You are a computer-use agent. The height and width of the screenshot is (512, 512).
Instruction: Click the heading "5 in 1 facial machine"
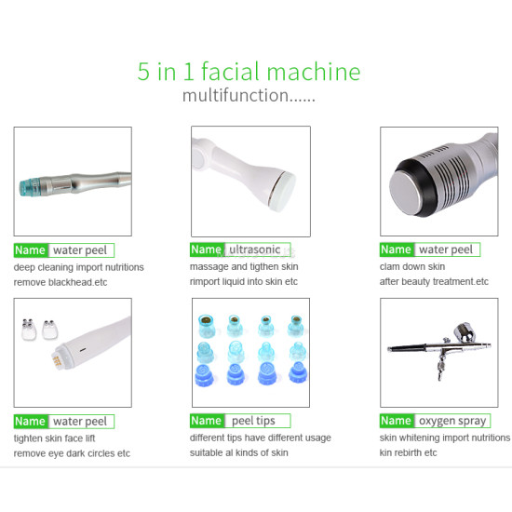[249, 73]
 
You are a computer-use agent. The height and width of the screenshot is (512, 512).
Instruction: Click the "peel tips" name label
[257, 421]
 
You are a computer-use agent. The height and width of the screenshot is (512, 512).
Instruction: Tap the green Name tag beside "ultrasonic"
[206, 249]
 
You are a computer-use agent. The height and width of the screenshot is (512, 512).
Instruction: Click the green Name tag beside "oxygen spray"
[396, 421]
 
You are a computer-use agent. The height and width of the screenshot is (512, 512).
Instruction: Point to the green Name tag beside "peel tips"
[206, 421]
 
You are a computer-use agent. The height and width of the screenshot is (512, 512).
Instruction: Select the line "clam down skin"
[412, 267]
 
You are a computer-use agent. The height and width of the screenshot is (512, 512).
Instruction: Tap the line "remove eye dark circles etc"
[72, 453]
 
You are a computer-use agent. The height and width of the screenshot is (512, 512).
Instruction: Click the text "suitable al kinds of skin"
[239, 453]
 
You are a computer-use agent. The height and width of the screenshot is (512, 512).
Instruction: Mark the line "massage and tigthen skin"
[239, 267]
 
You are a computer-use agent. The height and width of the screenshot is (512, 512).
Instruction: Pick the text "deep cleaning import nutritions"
[78, 267]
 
